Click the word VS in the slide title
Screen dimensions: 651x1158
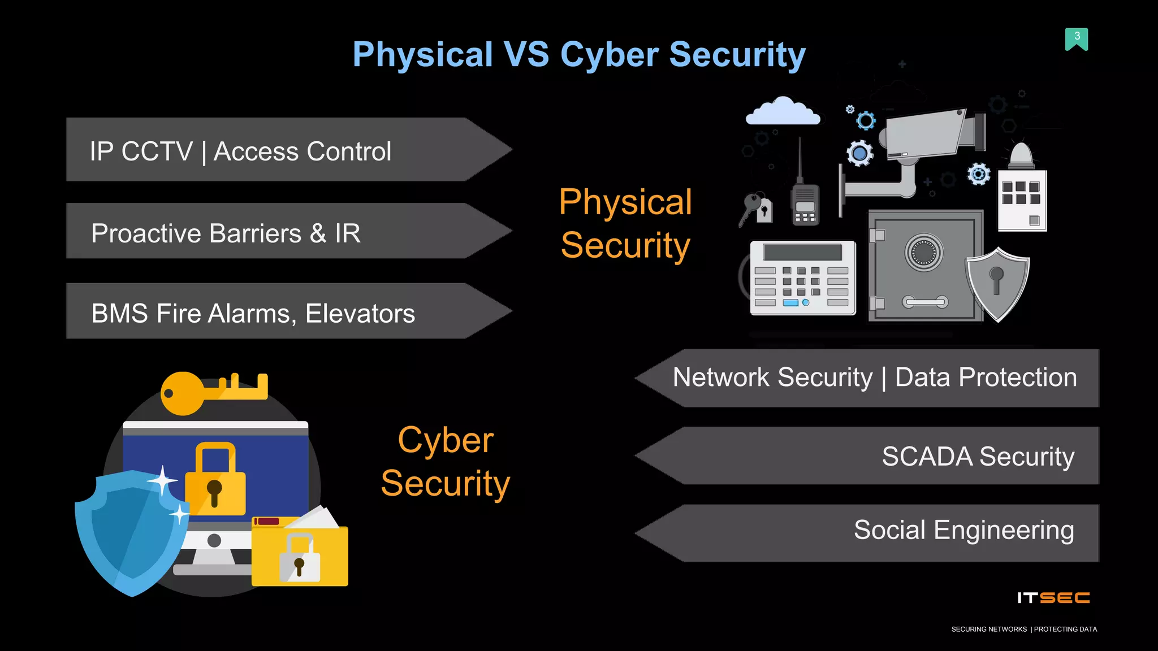coord(525,55)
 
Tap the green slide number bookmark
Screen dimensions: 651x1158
coord(1077,39)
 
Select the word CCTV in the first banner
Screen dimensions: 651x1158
coord(157,151)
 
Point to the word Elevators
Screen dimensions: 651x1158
coord(360,314)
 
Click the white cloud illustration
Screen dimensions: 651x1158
coord(783,111)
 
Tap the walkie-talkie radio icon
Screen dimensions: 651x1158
coord(805,201)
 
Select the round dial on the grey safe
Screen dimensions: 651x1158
coord(924,252)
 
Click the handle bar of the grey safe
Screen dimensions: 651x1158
coord(925,302)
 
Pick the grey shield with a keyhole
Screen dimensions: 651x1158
coord(997,283)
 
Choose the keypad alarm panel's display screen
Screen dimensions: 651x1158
coord(802,251)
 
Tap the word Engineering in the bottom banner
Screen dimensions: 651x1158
coord(1004,531)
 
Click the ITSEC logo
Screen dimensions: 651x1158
coord(1053,598)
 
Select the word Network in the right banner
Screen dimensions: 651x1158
coord(716,377)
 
